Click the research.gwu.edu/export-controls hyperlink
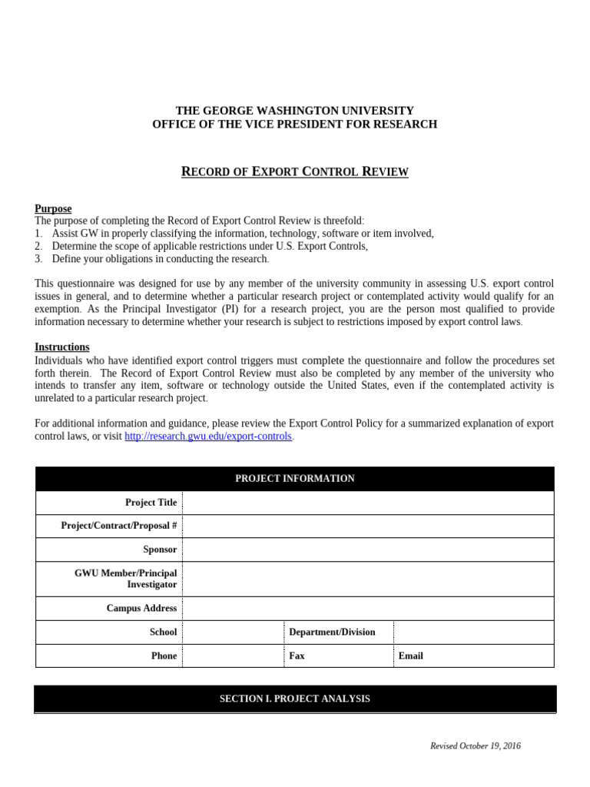208,437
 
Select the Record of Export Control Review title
294,171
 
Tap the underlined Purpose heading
53,208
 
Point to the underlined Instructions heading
61,347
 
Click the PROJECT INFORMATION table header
294,479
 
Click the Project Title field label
151,503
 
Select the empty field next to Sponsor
367,550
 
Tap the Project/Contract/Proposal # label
119,526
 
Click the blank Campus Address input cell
367,608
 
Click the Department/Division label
332,632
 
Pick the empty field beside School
233,632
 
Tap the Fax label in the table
297,656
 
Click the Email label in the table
410,656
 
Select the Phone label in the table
164,656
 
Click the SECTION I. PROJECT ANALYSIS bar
294,699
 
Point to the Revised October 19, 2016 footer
475,745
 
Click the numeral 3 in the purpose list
38,259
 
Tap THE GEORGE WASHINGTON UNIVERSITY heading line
294,111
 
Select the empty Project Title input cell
367,503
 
